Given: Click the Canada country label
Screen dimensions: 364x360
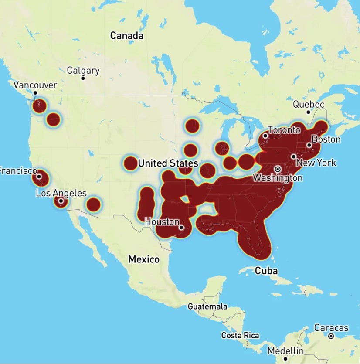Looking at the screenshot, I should coord(126,36).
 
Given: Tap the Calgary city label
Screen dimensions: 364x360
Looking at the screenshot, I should coord(83,71).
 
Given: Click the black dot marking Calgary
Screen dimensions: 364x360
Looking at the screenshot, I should coord(83,78).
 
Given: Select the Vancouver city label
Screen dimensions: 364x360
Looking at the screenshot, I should coord(35,85).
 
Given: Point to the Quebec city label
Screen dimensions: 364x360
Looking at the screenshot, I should coord(308,104).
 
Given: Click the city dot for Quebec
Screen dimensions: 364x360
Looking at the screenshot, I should coord(308,112).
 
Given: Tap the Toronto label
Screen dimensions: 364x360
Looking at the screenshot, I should coord(284,130).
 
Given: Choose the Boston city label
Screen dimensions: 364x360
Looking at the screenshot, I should coord(326,139).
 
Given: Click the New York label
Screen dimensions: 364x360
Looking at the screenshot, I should coord(316,163).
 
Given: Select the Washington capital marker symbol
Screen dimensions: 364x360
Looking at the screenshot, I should coord(277,169).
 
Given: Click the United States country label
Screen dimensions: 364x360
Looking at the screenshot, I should coord(168,163).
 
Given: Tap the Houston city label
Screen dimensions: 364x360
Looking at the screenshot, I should coord(162,221).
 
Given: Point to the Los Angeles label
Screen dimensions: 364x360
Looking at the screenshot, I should coord(61,193).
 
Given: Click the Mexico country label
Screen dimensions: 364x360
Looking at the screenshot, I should coord(144,259).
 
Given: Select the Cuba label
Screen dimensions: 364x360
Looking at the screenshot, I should coord(266,271).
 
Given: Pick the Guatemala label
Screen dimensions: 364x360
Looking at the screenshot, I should coord(207,306).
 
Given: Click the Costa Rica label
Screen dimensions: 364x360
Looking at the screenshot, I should coord(240,335).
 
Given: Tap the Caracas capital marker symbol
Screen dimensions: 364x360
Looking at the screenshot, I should coord(331,336).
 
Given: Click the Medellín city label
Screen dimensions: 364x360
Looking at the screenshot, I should coord(285,350).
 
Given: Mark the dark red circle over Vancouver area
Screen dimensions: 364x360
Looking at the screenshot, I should coord(40,105).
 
